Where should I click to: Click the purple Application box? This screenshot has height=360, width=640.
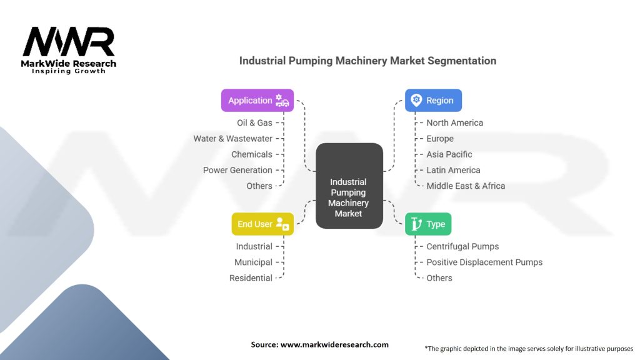[257, 101]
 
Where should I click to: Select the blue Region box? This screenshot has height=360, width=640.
[433, 101]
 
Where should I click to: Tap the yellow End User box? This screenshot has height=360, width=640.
[262, 224]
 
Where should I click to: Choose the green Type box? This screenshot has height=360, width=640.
[427, 224]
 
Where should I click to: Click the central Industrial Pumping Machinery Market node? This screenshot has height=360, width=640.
[349, 186]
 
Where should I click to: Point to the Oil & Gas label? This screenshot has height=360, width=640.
[254, 123]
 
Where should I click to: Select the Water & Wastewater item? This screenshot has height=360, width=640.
[232, 139]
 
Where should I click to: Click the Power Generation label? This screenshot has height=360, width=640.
[237, 170]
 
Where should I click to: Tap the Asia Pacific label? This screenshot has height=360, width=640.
[449, 154]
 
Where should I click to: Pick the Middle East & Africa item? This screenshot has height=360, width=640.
[466, 186]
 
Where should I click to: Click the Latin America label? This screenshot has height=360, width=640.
[453, 170]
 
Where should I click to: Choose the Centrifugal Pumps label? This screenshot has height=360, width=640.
[462, 246]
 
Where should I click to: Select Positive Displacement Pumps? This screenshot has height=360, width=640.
[484, 262]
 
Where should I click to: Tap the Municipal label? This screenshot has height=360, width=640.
[253, 262]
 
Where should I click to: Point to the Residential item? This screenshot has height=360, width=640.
[251, 278]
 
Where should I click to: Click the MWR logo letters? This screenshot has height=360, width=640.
[69, 42]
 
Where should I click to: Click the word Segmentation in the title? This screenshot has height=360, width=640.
[462, 61]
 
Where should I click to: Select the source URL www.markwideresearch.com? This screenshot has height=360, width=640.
[334, 344]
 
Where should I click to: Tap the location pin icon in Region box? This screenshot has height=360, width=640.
[416, 100]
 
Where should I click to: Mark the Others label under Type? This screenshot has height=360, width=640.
[439, 278]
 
